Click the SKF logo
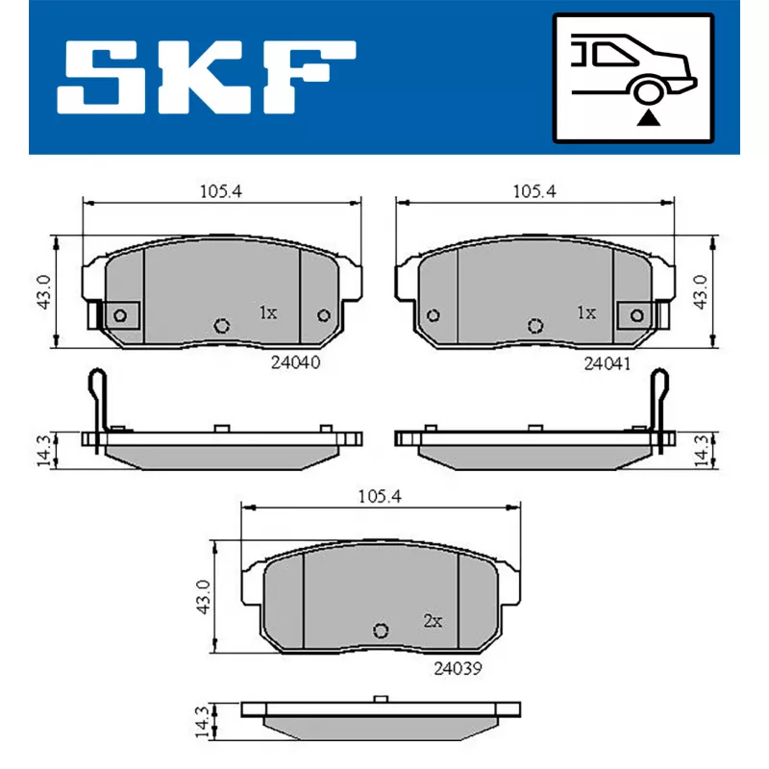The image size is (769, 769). [x=206, y=74]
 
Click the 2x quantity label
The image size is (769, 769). [x=432, y=621]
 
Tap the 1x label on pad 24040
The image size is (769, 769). [x=267, y=312]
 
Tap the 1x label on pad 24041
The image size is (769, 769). [x=585, y=312]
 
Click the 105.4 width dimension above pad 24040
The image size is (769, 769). [x=220, y=191]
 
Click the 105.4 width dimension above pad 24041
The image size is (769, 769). [x=533, y=191]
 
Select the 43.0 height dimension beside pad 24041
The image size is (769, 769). [x=704, y=289]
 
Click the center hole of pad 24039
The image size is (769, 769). [x=380, y=631]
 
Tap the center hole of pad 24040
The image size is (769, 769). [x=222, y=325]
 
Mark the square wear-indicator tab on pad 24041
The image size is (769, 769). [x=634, y=314]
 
